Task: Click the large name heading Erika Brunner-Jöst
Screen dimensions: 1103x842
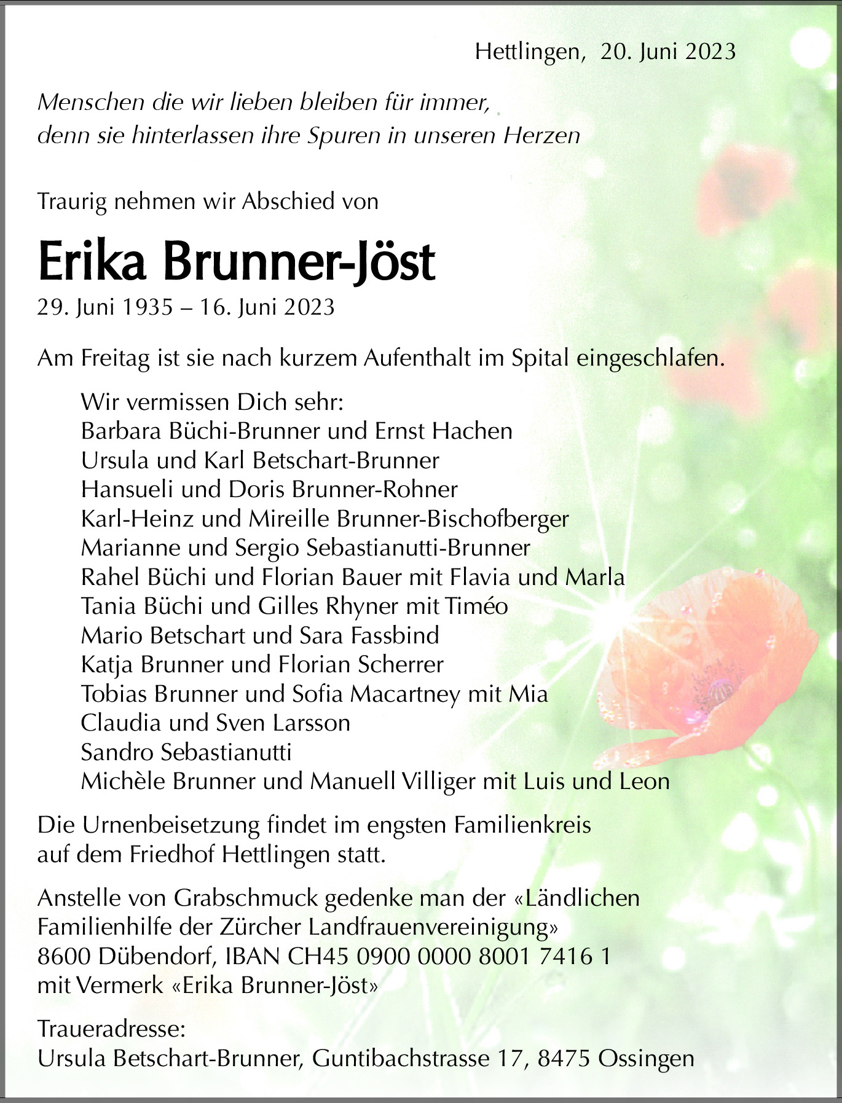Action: [x=237, y=262]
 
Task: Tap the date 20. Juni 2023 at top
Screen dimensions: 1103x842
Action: [x=668, y=52]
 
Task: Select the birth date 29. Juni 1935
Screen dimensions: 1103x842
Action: [x=105, y=307]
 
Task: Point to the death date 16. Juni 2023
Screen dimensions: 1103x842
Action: [x=267, y=307]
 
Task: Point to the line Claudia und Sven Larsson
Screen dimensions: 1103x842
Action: [x=215, y=723]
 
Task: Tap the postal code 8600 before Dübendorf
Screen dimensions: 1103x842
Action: [x=63, y=956]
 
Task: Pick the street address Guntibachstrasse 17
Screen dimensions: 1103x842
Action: [x=419, y=1058]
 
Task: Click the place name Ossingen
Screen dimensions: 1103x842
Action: [x=646, y=1058]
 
